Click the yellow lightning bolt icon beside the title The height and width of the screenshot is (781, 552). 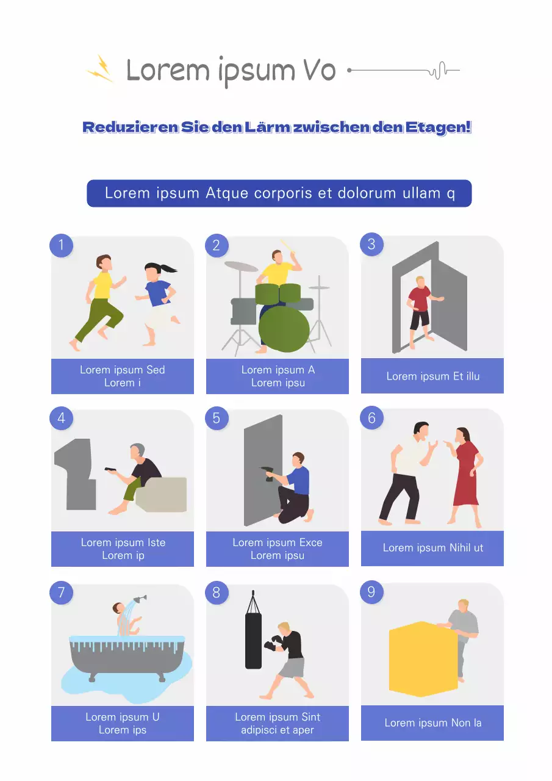(101, 68)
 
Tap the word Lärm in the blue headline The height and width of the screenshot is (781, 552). (267, 128)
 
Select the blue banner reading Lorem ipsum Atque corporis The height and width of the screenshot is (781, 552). (279, 193)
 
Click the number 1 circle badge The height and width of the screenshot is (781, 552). (61, 245)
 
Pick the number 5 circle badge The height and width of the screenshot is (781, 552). (217, 419)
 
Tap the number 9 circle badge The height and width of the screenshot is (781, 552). (371, 592)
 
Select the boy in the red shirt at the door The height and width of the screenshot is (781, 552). (420, 310)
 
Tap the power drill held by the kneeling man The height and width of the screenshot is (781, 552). (267, 473)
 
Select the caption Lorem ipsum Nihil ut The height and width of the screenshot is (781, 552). (432, 548)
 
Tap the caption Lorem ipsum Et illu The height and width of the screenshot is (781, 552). (432, 376)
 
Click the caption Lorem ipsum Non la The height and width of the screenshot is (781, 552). (432, 723)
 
